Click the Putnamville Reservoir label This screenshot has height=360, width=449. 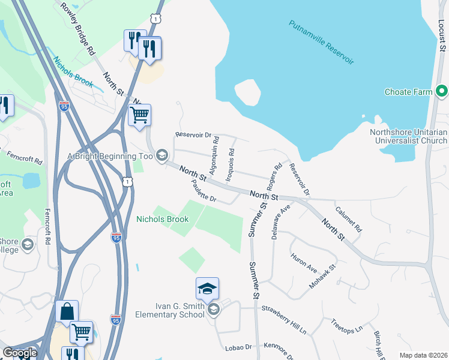[x=321, y=43]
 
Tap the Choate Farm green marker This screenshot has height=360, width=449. [x=442, y=92]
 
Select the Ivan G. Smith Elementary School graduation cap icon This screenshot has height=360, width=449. [x=207, y=290]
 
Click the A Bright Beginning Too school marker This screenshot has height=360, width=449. [x=161, y=156]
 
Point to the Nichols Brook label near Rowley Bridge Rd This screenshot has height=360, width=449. [x=73, y=72]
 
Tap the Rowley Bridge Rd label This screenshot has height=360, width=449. [x=76, y=29]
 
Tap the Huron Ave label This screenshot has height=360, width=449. [x=304, y=264]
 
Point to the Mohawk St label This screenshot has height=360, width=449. [x=324, y=276]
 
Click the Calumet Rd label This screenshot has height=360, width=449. [x=349, y=220]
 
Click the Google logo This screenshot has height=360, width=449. [x=20, y=353]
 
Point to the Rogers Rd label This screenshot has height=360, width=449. [x=275, y=175]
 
